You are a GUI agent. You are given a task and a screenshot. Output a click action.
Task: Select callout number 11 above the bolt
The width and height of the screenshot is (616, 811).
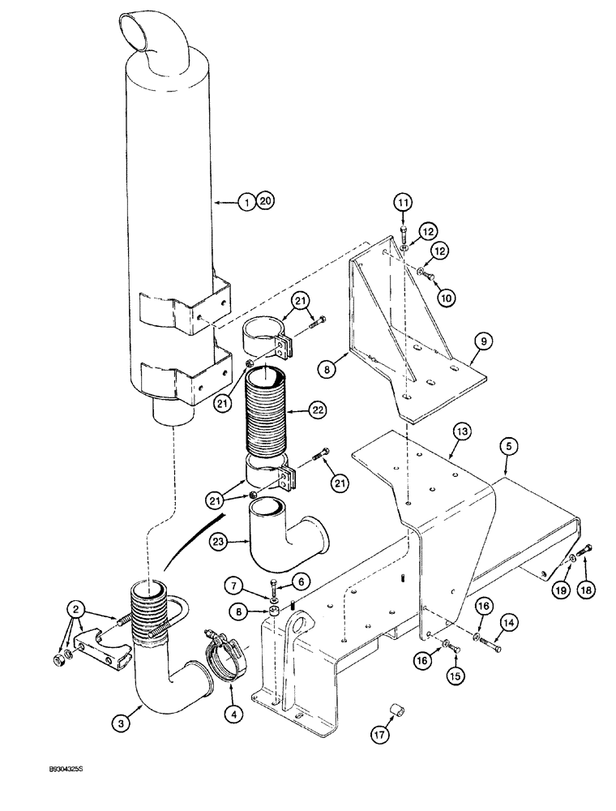tap(404, 202)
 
